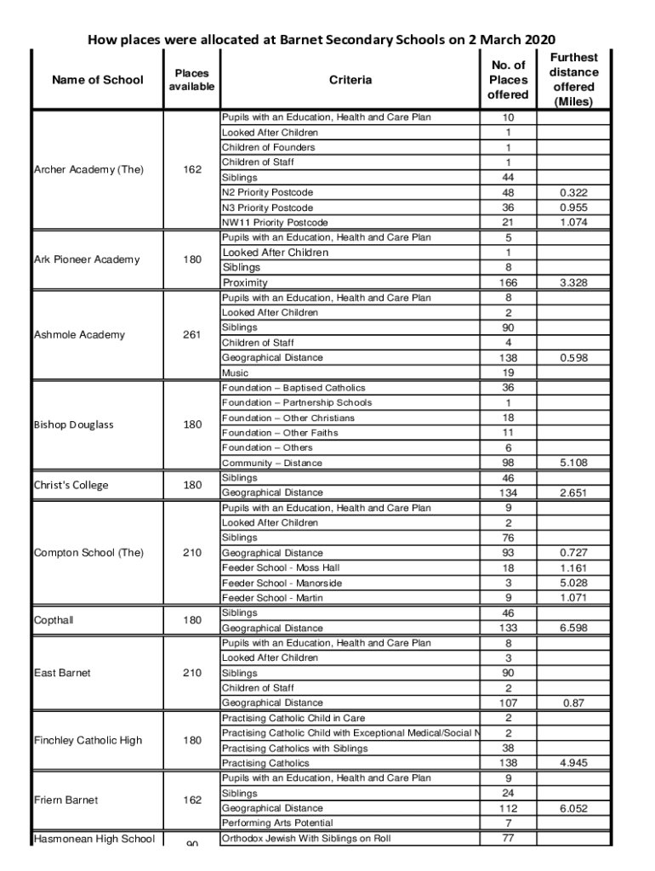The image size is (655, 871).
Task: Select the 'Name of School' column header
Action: click(x=98, y=80)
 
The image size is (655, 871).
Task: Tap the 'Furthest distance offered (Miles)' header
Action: click(x=573, y=80)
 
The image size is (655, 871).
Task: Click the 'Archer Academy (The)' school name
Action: click(x=88, y=169)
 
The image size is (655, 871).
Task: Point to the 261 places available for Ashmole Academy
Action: click(x=192, y=334)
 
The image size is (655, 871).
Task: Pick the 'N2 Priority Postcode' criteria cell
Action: click(x=267, y=193)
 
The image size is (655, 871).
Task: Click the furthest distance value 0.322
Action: click(x=573, y=193)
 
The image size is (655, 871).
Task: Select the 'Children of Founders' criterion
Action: click(x=268, y=147)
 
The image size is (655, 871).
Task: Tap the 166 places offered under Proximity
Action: click(x=508, y=282)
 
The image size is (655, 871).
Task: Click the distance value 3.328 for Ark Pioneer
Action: click(x=573, y=282)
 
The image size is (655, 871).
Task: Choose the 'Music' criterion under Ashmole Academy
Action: click(x=236, y=373)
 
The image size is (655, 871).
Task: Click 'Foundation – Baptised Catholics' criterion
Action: click(x=293, y=388)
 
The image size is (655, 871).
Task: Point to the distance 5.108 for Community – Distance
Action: click(x=573, y=463)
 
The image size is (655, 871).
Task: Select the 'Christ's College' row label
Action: click(x=71, y=485)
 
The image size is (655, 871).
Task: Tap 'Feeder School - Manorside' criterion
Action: click(x=282, y=583)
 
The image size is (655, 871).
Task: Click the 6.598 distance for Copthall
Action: click(x=573, y=628)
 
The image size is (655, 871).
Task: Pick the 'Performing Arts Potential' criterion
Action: click(x=278, y=823)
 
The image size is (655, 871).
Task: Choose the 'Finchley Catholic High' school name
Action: click(x=88, y=740)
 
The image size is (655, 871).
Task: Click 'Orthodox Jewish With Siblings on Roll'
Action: click(x=306, y=838)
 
